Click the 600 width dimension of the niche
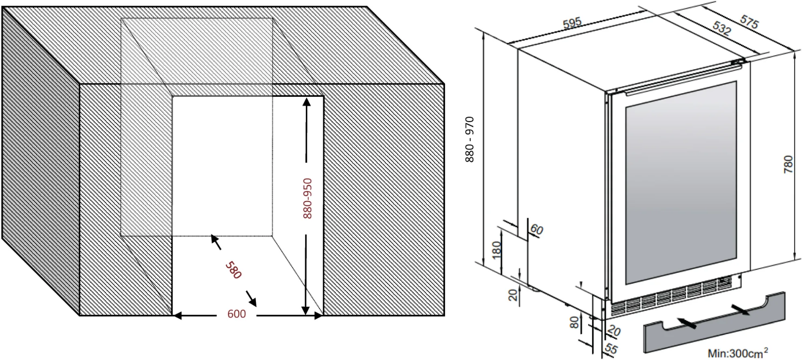pyautogui.click(x=237, y=314)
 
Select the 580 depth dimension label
pyautogui.click(x=233, y=270)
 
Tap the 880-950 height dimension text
pyautogui.click(x=307, y=198)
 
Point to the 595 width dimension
pyautogui.click(x=572, y=23)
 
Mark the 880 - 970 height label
pyautogui.click(x=469, y=140)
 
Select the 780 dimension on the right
pyautogui.click(x=788, y=164)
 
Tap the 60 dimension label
pyautogui.click(x=536, y=230)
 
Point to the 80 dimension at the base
pyautogui.click(x=574, y=322)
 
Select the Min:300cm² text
pyautogui.click(x=738, y=353)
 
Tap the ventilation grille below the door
pyautogui.click(x=672, y=302)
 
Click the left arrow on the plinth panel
pyautogui.click(x=687, y=323)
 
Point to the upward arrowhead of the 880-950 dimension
pyautogui.click(x=307, y=101)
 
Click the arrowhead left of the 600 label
pyautogui.click(x=177, y=316)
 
